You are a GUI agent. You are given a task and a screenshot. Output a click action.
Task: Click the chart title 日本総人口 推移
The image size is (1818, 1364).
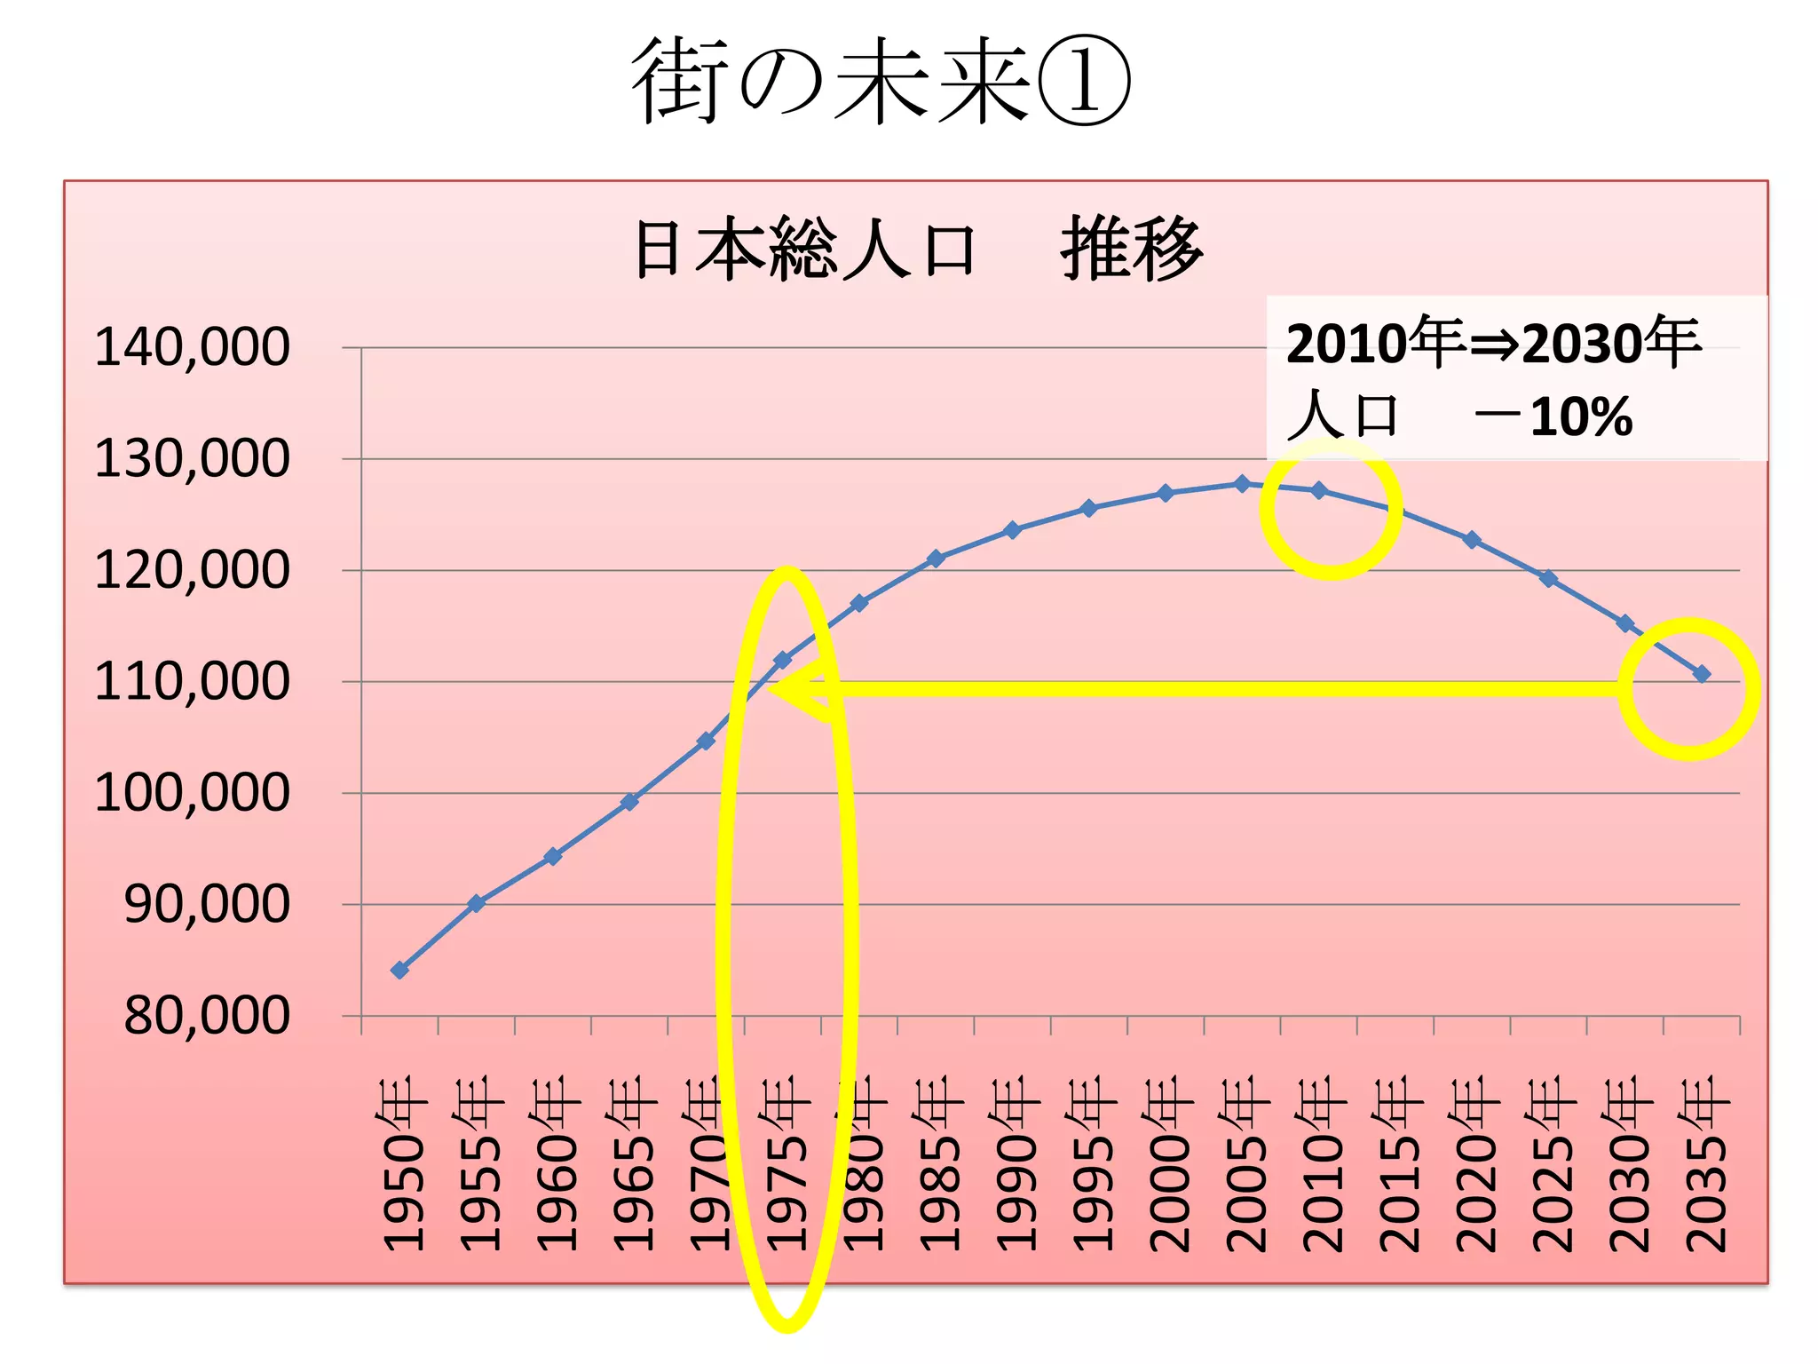tap(918, 250)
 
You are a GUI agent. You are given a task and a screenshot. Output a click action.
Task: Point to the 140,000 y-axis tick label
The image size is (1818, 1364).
tap(192, 347)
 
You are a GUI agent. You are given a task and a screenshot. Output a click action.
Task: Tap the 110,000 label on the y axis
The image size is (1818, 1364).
tap(192, 682)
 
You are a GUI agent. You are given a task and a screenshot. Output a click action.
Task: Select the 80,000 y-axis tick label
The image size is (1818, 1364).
tap(206, 1016)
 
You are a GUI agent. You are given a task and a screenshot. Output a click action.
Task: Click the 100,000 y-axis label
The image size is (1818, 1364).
tap(192, 793)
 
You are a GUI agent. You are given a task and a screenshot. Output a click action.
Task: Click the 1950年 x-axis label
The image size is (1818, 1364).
tap(403, 1163)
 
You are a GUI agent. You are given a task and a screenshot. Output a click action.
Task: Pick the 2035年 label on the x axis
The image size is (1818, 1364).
tap(1705, 1163)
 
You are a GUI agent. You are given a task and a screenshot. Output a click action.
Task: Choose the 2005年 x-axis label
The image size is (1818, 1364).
tap(1245, 1163)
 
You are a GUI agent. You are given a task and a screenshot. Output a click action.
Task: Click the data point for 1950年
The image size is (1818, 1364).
tap(400, 970)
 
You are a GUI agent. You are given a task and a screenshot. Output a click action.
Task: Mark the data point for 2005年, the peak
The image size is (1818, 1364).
tap(1243, 484)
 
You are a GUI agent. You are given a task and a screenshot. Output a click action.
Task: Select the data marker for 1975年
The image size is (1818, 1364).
tap(783, 660)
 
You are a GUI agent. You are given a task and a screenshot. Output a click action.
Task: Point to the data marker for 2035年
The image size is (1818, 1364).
tap(1702, 674)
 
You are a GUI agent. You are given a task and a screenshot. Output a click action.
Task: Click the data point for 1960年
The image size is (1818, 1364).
tap(553, 856)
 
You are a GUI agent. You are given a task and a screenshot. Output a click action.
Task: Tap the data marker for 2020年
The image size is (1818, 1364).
tap(1472, 539)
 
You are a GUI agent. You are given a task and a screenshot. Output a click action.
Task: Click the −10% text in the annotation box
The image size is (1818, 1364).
tap(1553, 416)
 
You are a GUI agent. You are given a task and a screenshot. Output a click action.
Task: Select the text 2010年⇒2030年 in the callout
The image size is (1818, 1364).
tap(1493, 343)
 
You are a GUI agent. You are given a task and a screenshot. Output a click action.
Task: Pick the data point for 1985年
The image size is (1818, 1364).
tap(936, 559)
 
